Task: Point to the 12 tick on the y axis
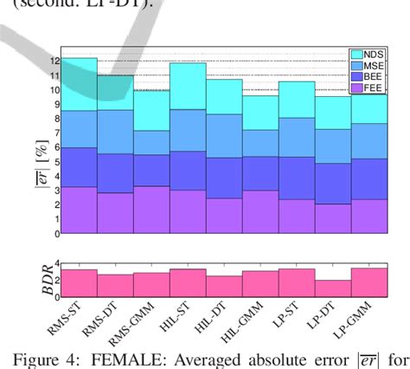(54, 61)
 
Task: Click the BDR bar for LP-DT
(333, 288)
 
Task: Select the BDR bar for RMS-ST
(79, 282)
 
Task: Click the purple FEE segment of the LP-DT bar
(333, 218)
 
